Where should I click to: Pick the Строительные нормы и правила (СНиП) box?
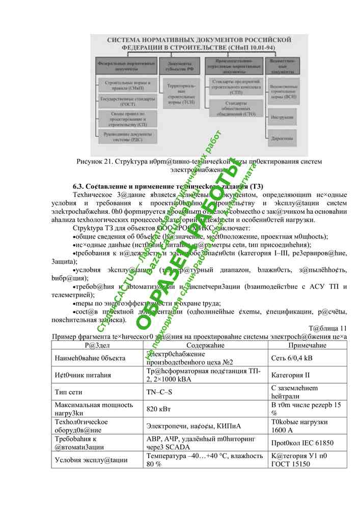124,84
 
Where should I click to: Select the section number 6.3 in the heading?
79,186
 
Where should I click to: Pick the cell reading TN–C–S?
158,392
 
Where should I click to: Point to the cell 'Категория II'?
290,376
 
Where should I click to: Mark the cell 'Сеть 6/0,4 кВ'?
292,358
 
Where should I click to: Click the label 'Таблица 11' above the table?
327,328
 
